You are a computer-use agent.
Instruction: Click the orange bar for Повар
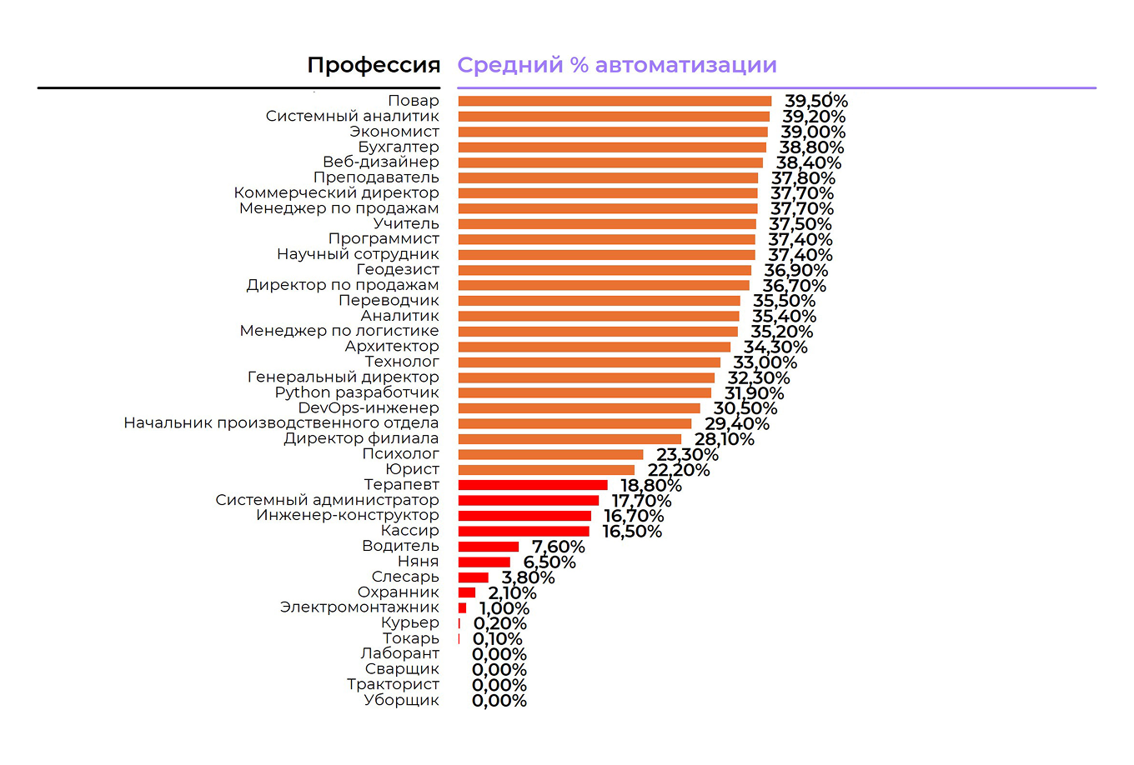[x=615, y=101]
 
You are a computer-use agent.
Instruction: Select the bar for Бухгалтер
[x=612, y=147]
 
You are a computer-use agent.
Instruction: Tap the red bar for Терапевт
[x=533, y=485]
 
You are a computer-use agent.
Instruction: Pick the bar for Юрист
[x=546, y=470]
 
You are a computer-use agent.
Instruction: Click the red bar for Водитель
[x=489, y=547]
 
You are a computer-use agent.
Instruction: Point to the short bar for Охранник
[x=467, y=592]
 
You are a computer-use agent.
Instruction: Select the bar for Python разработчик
[x=585, y=393]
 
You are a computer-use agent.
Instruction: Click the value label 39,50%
[x=815, y=102]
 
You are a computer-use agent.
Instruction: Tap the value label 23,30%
[x=687, y=455]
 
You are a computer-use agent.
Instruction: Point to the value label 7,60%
[x=558, y=547]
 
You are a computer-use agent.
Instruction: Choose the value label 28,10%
[x=724, y=439]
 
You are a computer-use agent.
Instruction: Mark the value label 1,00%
[x=504, y=608]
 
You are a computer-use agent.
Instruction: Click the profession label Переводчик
[x=389, y=300]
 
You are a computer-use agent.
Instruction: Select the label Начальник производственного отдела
[x=281, y=422]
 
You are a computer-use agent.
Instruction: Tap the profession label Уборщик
[x=401, y=700]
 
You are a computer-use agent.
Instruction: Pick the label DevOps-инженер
[x=369, y=407]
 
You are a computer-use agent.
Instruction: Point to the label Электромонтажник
[x=359, y=607]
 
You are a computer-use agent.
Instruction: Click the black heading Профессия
[x=374, y=65]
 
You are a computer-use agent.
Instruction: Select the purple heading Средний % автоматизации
[x=617, y=65]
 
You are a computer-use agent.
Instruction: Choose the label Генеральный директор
[x=343, y=377]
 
